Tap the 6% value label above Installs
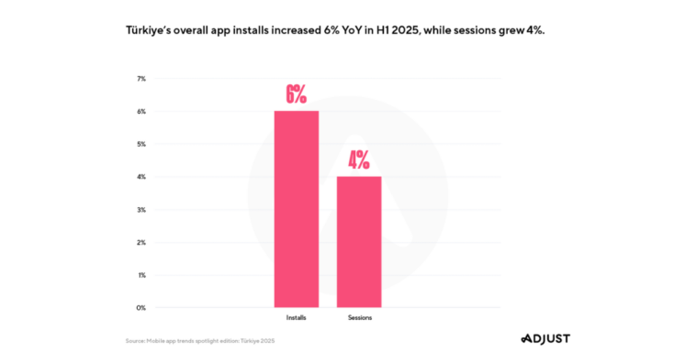296,94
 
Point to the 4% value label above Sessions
358,160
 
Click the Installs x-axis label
297,317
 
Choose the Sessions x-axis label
359,317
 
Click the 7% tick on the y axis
140,79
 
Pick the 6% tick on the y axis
140,112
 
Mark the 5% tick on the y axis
140,144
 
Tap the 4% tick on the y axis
140,177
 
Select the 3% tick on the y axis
140,210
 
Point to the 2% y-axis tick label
140,242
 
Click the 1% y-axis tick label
140,275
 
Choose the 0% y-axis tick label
140,308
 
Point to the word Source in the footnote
137,341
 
